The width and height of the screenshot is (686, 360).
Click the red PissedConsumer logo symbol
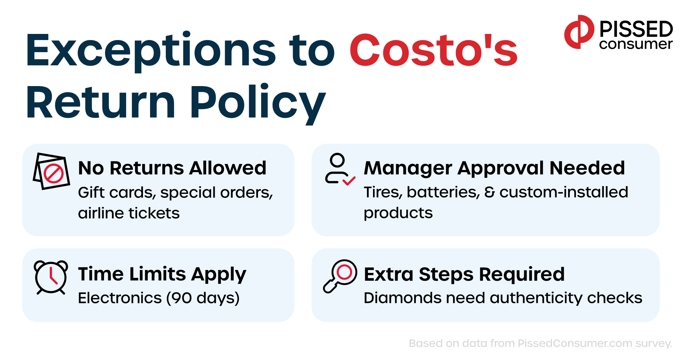click(x=579, y=32)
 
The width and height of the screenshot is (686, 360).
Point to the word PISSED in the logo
click(x=636, y=29)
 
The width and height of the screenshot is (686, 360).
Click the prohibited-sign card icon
click(x=52, y=171)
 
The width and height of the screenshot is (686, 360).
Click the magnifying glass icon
click(x=340, y=275)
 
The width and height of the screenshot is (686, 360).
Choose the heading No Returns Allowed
click(x=172, y=168)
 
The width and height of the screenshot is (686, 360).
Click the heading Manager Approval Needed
click(x=494, y=168)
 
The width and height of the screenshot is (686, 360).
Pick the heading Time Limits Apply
click(x=162, y=274)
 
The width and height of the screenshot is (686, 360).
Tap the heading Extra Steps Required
click(x=464, y=274)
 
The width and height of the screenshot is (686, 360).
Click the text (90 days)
click(x=203, y=298)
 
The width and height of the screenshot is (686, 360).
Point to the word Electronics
click(x=120, y=298)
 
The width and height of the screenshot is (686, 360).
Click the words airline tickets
click(x=129, y=213)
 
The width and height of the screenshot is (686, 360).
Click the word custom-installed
click(x=563, y=192)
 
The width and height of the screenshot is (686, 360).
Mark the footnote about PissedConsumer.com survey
click(x=540, y=344)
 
